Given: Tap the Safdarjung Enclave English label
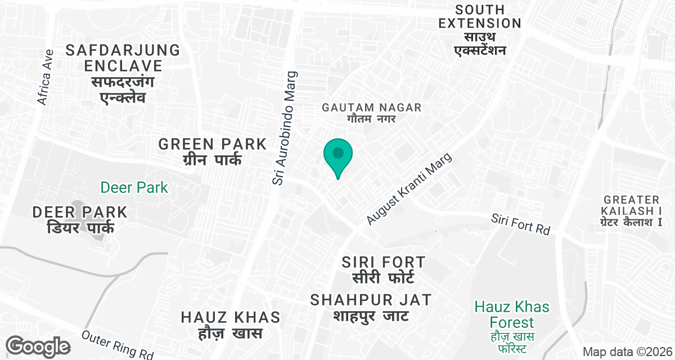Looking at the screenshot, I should (123, 57).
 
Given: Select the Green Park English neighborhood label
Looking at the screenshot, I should (212, 144).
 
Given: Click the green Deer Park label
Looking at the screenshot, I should (134, 187).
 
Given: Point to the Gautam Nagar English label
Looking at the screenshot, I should (371, 107).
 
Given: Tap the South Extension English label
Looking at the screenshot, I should (480, 17).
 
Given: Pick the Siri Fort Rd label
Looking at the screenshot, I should (520, 224).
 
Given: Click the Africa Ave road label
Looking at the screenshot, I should (45, 77).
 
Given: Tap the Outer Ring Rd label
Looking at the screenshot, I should (118, 344).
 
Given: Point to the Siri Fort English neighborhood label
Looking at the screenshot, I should (384, 262).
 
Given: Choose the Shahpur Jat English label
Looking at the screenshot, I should (371, 299).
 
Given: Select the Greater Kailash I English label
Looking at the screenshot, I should (631, 205).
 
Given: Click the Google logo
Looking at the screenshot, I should (38, 346).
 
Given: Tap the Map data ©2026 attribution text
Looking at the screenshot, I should (627, 352).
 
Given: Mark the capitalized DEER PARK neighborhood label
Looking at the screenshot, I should (80, 212).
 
